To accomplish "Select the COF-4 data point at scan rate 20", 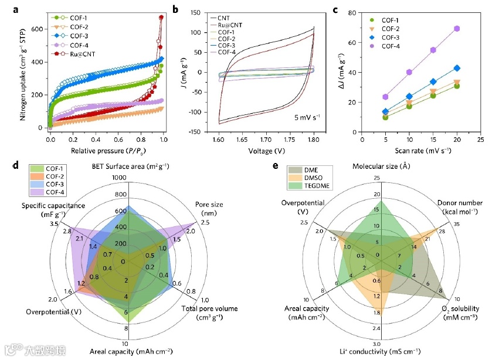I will pyautogui.click(x=457, y=29).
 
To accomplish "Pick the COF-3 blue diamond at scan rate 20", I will pyautogui.click(x=457, y=68).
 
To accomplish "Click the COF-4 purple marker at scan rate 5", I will pyautogui.click(x=385, y=97).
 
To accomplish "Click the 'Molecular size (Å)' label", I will pyautogui.click(x=381, y=167).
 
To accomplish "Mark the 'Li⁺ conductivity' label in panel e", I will pyautogui.click(x=380, y=351).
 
